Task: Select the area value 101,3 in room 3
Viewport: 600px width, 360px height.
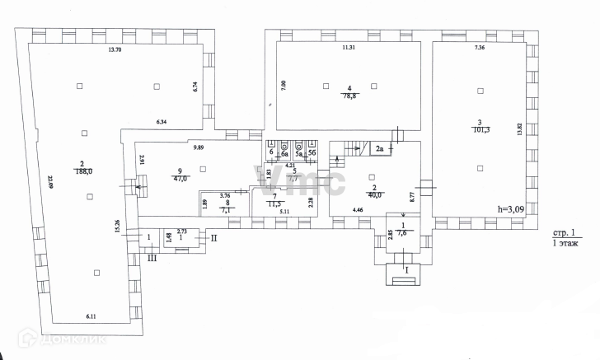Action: tap(479, 129)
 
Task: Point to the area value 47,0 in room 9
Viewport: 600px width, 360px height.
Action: tap(179, 177)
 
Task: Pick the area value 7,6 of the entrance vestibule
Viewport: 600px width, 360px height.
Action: tap(403, 232)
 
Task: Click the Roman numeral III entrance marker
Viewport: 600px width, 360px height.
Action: tap(152, 259)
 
